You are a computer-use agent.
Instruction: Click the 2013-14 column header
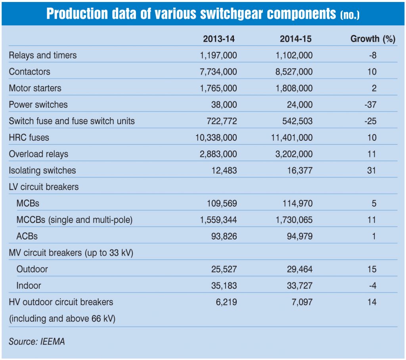[219, 39]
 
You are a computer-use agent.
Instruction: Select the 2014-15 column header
[296, 39]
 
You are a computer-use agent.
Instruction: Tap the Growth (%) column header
[373, 39]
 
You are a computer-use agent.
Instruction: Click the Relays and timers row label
[43, 56]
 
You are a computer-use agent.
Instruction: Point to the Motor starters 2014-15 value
[294, 88]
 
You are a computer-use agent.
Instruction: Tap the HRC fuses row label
[29, 138]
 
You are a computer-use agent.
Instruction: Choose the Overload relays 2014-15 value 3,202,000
[294, 154]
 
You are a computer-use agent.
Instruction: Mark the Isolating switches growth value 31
[372, 171]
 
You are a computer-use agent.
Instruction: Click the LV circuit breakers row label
[44, 187]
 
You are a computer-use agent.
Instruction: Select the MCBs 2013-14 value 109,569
[221, 204]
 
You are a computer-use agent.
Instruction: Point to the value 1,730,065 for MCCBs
[294, 220]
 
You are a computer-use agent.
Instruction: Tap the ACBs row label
[27, 237]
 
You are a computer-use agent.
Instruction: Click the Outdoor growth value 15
[372, 269]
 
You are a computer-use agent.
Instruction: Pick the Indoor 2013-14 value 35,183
[223, 285]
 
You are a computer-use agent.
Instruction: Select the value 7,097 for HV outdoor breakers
[302, 303]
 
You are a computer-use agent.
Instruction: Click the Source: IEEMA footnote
[36, 341]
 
